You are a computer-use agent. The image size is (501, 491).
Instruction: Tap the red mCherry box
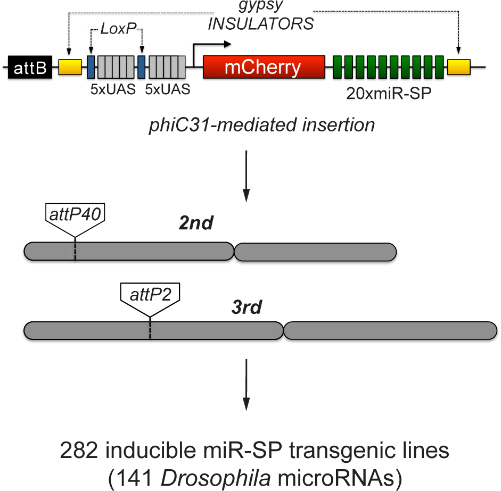click(264, 68)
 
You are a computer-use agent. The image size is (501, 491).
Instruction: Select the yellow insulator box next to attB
click(70, 67)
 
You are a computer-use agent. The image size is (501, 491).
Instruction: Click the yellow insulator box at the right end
click(458, 67)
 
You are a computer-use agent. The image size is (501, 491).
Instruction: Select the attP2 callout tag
click(150, 294)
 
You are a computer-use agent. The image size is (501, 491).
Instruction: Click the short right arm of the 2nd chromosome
click(315, 252)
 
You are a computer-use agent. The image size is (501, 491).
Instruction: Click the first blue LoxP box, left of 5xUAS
click(91, 67)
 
